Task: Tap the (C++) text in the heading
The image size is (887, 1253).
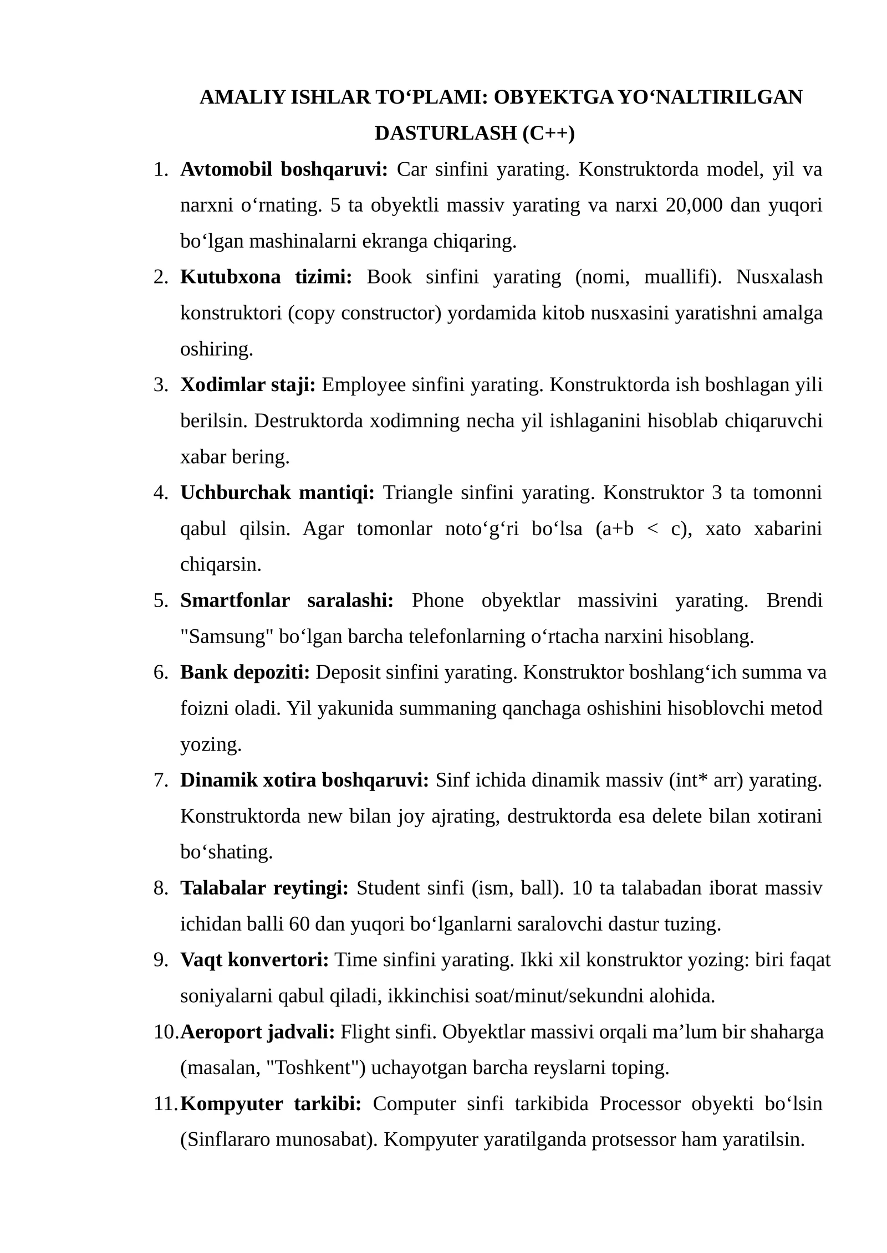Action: click(x=548, y=133)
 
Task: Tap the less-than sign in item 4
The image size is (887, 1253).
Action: click(x=652, y=529)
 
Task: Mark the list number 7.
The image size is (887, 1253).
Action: click(x=161, y=780)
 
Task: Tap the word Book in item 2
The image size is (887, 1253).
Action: click(x=389, y=277)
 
